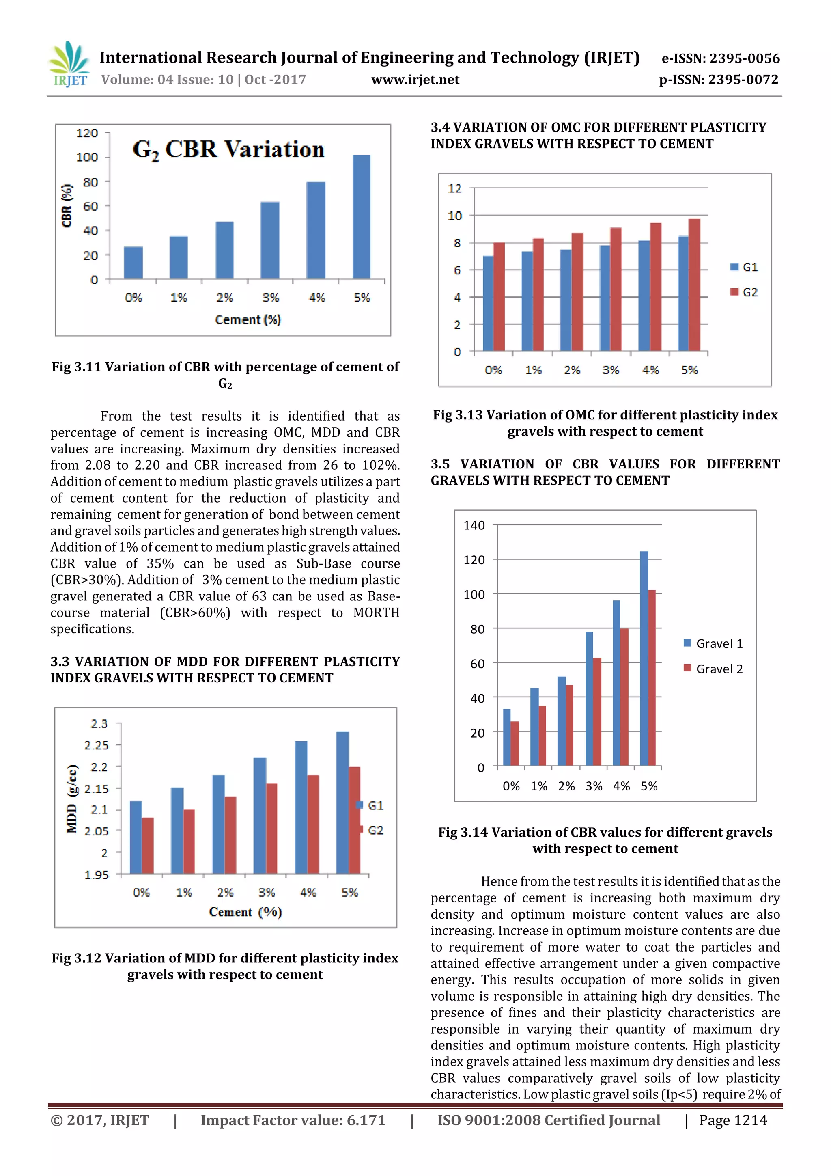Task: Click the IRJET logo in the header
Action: click(x=69, y=64)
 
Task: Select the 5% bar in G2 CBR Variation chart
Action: click(x=362, y=217)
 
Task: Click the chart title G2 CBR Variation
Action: click(x=229, y=149)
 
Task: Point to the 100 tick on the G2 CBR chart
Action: click(x=87, y=157)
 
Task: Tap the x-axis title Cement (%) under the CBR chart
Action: click(x=248, y=319)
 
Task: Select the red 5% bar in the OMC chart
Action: click(x=694, y=285)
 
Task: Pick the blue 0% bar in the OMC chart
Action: click(x=488, y=303)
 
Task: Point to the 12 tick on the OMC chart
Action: click(x=455, y=188)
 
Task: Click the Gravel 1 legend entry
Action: click(x=713, y=643)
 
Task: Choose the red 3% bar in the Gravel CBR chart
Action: click(x=597, y=712)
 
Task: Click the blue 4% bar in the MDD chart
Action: click(x=301, y=807)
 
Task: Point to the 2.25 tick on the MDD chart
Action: click(x=97, y=745)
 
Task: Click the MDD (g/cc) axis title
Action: click(x=72, y=799)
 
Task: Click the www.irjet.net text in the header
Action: click(x=415, y=80)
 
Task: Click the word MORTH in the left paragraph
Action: click(x=376, y=613)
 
